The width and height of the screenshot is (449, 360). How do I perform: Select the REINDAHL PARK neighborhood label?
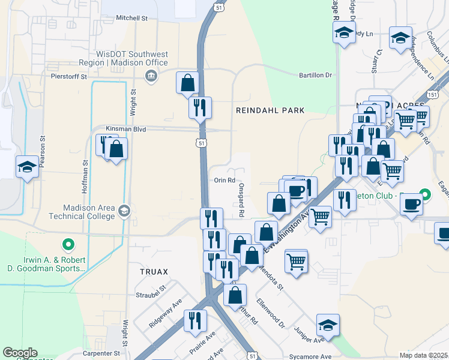point(270,110)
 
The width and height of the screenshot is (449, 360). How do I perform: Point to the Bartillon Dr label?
point(316,75)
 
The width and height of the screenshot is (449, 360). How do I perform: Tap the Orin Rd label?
point(223,180)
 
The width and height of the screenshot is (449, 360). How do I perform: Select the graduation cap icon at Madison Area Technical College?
point(124,211)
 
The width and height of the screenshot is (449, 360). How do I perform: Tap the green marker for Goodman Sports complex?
point(68,244)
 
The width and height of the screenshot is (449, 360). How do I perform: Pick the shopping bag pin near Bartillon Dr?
point(187,83)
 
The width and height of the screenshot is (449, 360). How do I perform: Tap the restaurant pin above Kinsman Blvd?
point(200,107)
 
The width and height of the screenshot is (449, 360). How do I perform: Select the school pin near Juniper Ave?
point(328,325)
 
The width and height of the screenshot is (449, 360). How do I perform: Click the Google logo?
point(20,353)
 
